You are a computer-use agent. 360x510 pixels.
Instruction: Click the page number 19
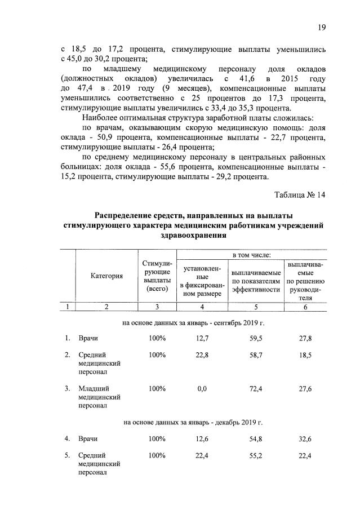tap(322, 27)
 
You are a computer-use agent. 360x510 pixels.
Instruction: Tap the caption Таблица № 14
tap(300, 195)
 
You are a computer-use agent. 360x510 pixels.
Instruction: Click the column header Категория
tap(106, 276)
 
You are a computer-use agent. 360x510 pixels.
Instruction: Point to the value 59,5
tap(255, 338)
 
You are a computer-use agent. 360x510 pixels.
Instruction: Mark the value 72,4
tap(255, 388)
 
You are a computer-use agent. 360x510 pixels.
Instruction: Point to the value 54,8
tap(255, 438)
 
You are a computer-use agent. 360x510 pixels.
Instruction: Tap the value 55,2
tap(255, 455)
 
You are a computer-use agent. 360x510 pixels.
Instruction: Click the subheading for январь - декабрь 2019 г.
tap(193, 422)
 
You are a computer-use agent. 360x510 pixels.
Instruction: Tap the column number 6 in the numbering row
tap(305, 307)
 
